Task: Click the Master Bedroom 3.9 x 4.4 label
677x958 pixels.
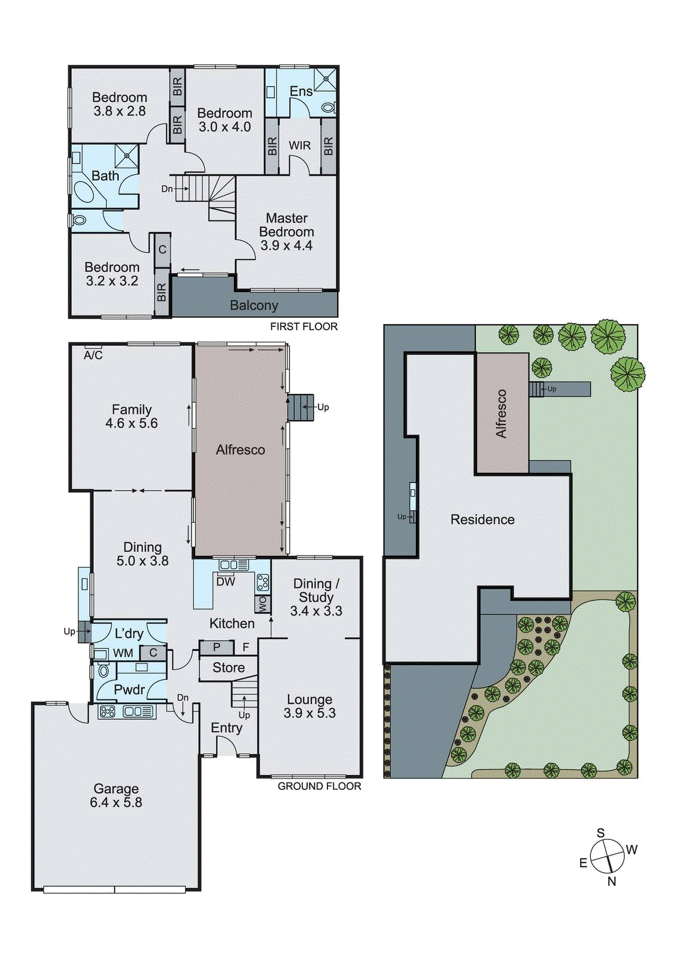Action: click(286, 232)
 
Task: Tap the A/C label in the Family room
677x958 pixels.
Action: click(93, 355)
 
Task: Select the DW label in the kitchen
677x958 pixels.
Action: click(226, 581)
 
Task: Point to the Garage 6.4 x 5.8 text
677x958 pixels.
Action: click(116, 796)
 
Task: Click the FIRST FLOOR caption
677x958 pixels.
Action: click(303, 326)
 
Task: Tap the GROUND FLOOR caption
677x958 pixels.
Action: click(319, 786)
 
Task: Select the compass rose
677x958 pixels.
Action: click(608, 856)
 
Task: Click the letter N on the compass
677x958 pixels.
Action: click(611, 881)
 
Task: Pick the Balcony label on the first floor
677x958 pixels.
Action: click(254, 305)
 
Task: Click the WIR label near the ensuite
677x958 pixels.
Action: click(299, 145)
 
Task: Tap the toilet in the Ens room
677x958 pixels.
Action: click(328, 108)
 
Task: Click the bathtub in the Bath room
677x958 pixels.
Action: click(83, 193)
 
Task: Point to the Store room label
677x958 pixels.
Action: click(229, 668)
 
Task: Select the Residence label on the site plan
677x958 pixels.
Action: click(482, 520)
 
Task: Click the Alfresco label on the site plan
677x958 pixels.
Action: click(502, 413)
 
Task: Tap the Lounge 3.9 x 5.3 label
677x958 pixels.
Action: click(309, 706)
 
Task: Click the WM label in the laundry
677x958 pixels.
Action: click(123, 653)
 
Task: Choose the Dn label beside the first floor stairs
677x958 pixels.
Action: click(167, 189)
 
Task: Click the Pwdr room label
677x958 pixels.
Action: click(129, 690)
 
